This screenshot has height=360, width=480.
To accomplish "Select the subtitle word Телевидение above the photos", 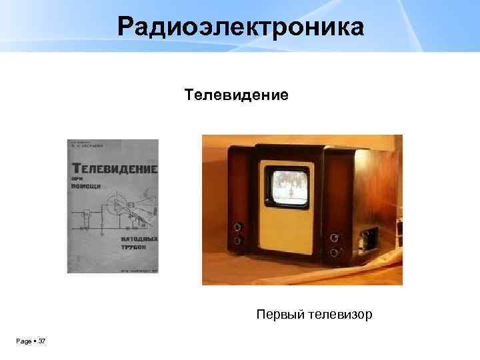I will (237, 95).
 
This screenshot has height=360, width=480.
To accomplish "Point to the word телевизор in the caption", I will (340, 313).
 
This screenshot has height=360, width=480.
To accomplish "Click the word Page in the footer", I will (23, 341).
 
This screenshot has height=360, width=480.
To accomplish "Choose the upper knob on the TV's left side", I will (236, 227).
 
